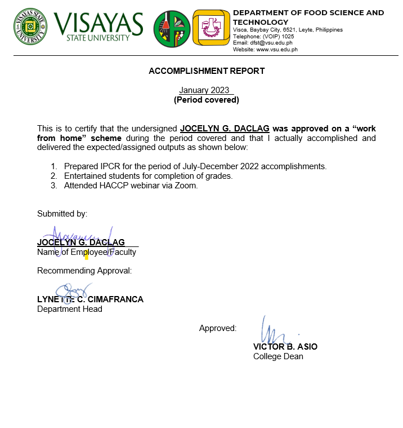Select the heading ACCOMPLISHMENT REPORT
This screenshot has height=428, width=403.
point(207,71)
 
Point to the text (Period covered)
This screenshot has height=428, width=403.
point(207,100)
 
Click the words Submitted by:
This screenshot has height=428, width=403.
point(62,214)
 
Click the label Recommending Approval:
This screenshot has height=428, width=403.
point(84,271)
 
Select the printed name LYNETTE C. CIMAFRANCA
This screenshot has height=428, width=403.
point(90,299)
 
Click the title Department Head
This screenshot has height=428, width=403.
point(70,309)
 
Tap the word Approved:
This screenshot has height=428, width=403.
point(218,328)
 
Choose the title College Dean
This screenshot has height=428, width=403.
point(278,356)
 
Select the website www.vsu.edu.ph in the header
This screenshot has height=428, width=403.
point(277,49)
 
